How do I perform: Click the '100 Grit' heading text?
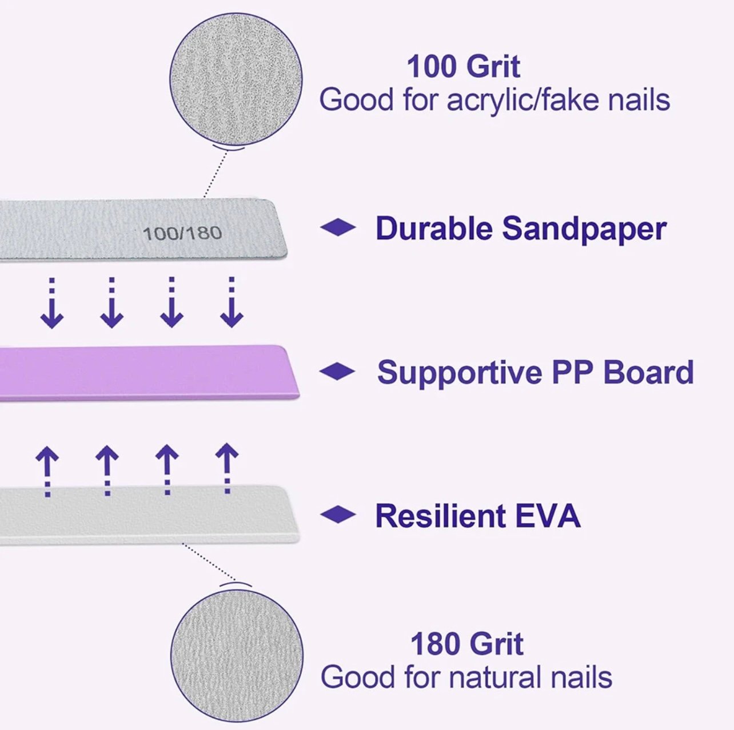click(x=464, y=67)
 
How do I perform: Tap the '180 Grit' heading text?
click(x=467, y=644)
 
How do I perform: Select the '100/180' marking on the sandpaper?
click(x=182, y=233)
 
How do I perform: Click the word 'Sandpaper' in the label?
click(x=584, y=229)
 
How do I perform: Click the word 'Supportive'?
click(x=460, y=373)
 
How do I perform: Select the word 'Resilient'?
click(x=440, y=515)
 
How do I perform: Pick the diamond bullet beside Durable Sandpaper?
click(x=338, y=228)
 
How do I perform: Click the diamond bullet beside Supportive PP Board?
click(x=337, y=372)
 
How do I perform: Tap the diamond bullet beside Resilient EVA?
click(x=338, y=515)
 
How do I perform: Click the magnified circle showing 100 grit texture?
click(x=236, y=79)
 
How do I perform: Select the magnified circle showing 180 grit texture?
click(x=237, y=656)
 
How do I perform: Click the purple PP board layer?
click(x=149, y=372)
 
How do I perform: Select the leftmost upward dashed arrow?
click(x=47, y=471)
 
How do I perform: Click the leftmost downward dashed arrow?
click(x=52, y=303)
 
